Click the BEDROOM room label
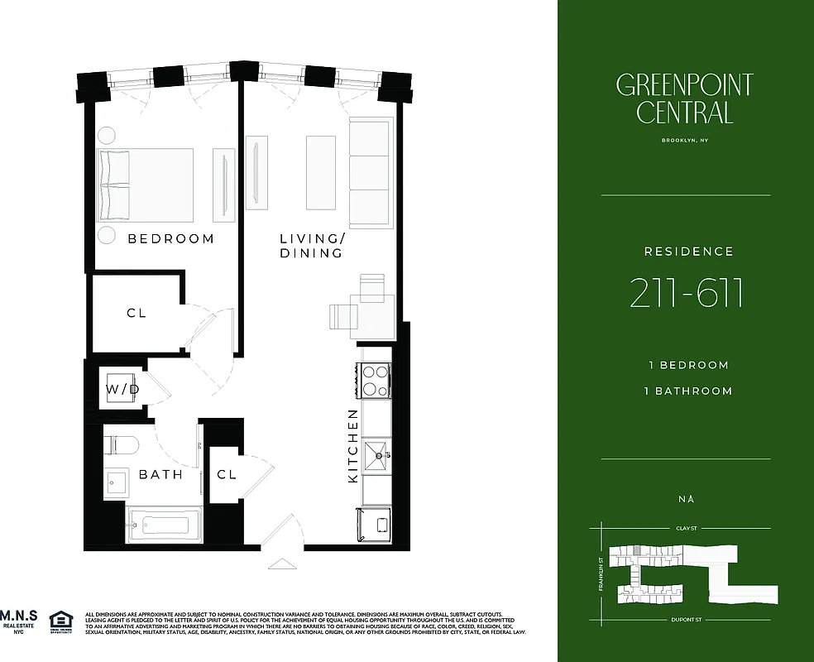pyautogui.click(x=170, y=239)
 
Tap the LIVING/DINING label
pyautogui.click(x=310, y=246)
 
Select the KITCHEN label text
pyautogui.click(x=353, y=446)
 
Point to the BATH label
pyautogui.click(x=160, y=475)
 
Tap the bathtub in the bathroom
pyautogui.click(x=164, y=525)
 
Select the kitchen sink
pyautogui.click(x=376, y=454)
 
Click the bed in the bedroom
pyautogui.click(x=146, y=185)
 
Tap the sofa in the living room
pyautogui.click(x=369, y=173)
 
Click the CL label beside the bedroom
pyautogui.click(x=136, y=314)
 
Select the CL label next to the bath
pyautogui.click(x=227, y=475)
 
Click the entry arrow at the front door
pyautogui.click(x=281, y=564)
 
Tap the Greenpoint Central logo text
pyautogui.click(x=685, y=98)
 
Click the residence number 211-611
pyautogui.click(x=686, y=292)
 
